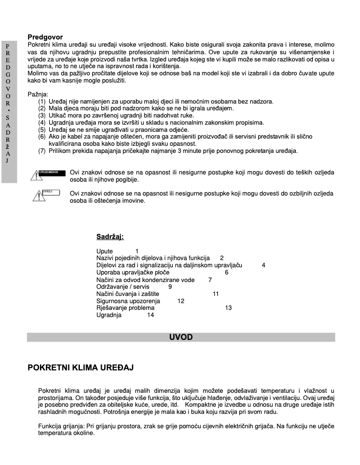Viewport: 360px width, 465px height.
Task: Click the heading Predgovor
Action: click(45, 37)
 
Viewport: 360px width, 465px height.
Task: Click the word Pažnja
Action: click(38, 95)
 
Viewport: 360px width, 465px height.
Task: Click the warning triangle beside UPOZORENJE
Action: click(34, 175)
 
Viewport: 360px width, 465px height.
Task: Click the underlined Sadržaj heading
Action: click(110, 237)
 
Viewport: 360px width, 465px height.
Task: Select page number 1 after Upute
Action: click(137, 251)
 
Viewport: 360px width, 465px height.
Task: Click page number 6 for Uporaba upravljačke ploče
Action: click(227, 272)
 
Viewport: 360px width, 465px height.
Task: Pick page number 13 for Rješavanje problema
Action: click(228, 308)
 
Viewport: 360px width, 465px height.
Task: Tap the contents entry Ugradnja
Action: click(109, 315)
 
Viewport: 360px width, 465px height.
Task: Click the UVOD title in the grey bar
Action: click(181, 337)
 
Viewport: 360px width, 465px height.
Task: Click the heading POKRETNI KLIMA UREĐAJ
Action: click(81, 368)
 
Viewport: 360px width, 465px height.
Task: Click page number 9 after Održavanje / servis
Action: click(170, 287)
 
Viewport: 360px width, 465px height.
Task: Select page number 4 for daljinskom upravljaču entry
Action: click(263, 265)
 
